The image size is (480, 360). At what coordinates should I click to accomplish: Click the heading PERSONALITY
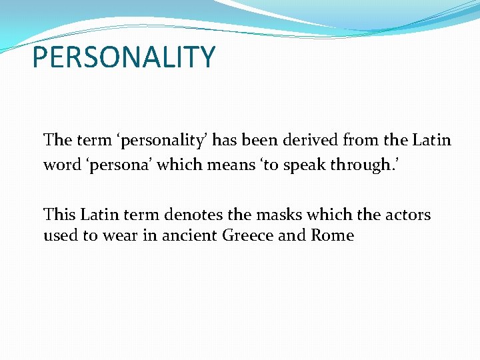(x=124, y=57)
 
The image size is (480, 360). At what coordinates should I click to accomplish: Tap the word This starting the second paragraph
(x=61, y=215)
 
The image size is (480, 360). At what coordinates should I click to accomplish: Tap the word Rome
(x=333, y=235)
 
